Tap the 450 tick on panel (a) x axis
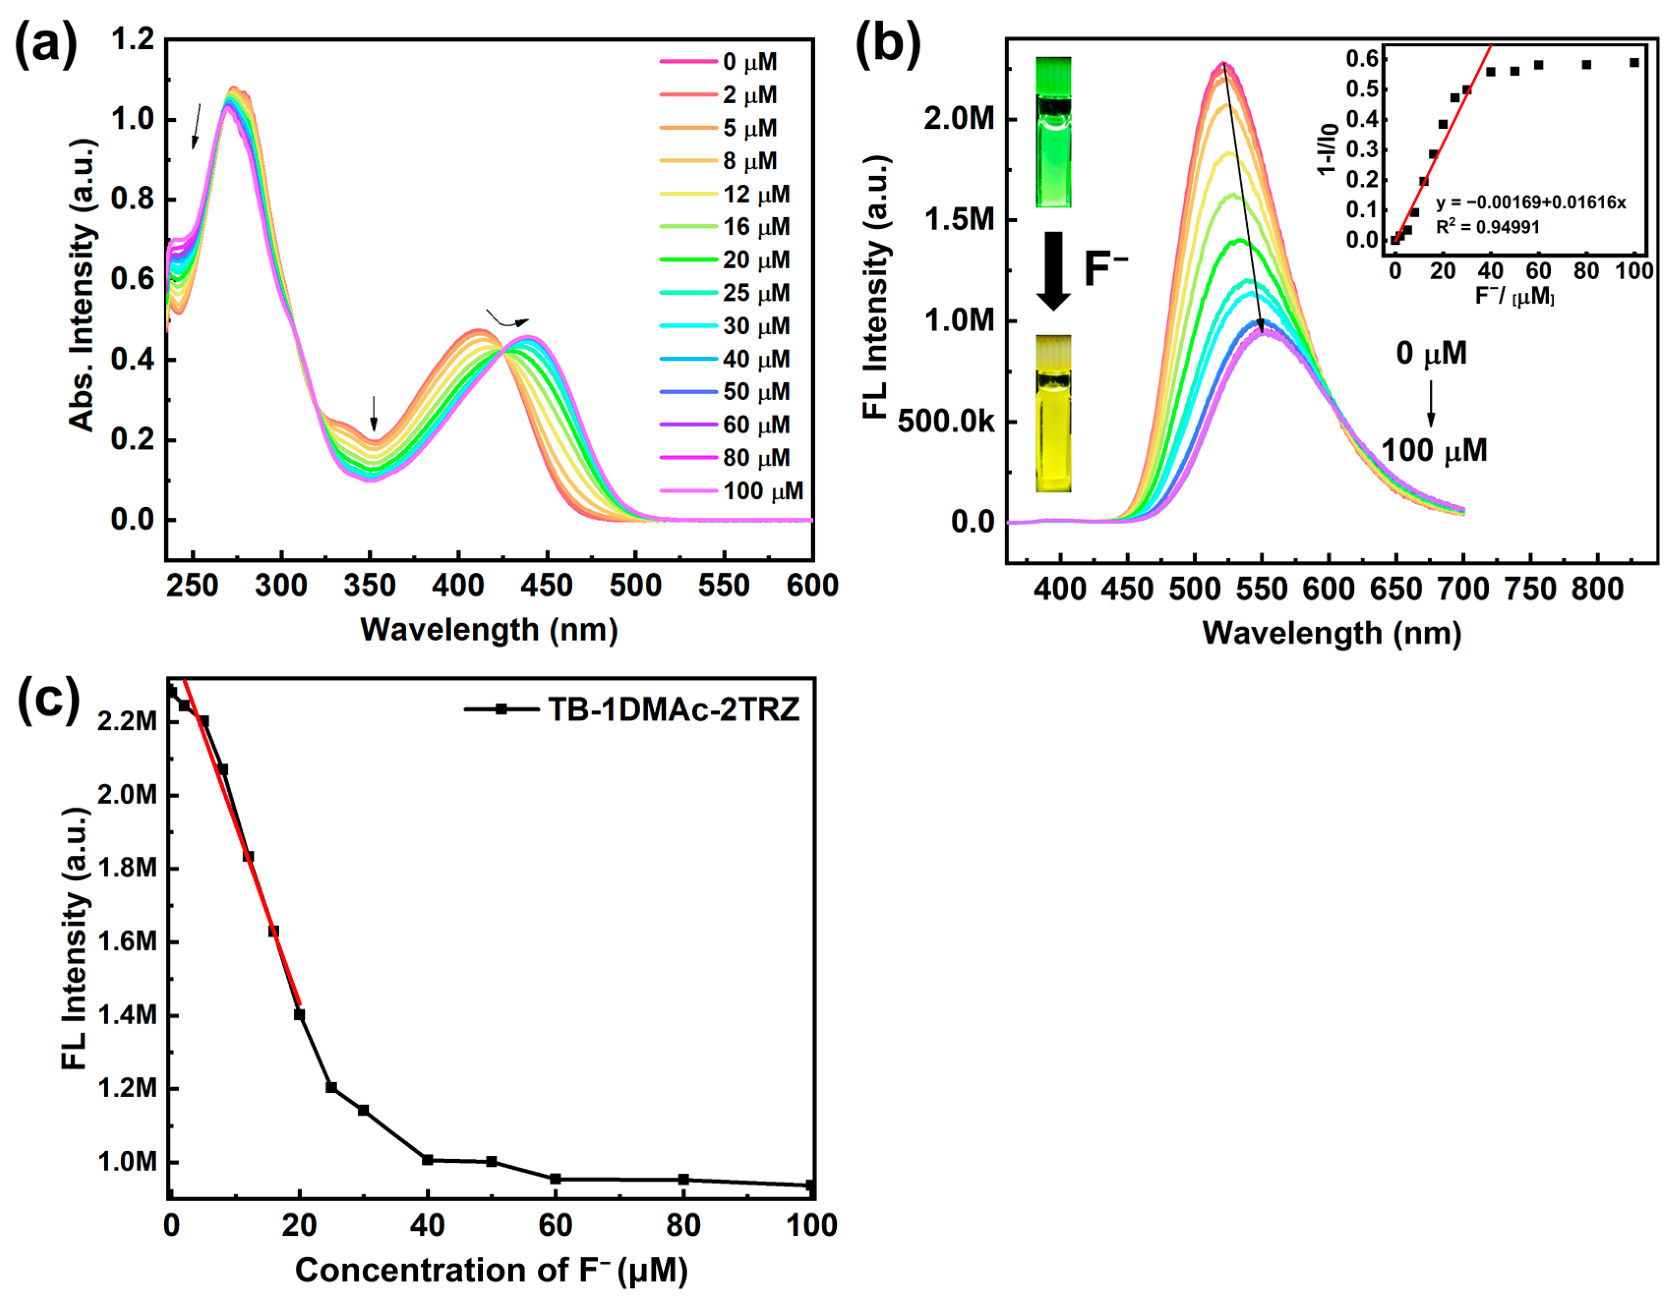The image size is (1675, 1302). tap(546, 586)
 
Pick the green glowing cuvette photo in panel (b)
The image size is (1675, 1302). tap(1054, 132)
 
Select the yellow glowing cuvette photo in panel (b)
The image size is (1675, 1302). tap(1054, 413)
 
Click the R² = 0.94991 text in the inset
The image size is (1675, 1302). tap(1487, 227)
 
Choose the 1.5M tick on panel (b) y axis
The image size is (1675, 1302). tap(959, 220)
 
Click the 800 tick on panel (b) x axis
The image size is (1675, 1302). tap(1598, 589)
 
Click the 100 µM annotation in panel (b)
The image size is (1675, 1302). tap(1434, 450)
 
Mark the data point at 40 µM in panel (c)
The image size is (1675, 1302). tap(427, 1160)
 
